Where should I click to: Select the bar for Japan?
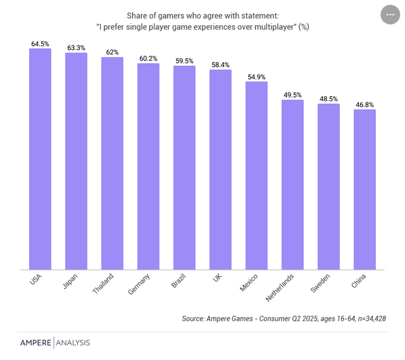[76, 161]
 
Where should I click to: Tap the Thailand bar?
[112, 164]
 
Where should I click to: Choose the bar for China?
[364, 190]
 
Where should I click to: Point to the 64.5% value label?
[40, 44]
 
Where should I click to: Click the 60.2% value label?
[148, 58]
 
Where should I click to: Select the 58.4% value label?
[220, 65]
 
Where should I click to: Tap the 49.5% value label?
[292, 95]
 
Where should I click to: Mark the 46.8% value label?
[364, 104]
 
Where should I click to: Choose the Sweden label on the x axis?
[320, 283]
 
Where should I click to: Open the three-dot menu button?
[390, 15]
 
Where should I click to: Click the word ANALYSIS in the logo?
[73, 343]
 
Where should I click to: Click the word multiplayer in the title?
[271, 27]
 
